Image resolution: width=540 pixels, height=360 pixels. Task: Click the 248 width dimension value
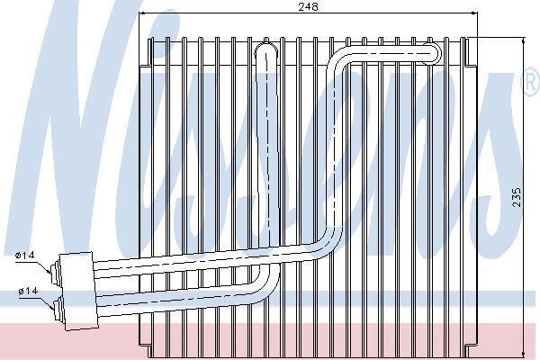click(308, 6)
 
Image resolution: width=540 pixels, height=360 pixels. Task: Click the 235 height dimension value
click(517, 197)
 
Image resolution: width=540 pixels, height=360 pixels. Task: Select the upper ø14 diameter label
click(25, 256)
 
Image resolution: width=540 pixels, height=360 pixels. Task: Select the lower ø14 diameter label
click(28, 292)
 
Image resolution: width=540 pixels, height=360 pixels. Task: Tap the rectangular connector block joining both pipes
click(78, 291)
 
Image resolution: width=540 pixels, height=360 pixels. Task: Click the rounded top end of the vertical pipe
click(266, 48)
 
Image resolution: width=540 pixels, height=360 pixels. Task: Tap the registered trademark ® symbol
click(533, 82)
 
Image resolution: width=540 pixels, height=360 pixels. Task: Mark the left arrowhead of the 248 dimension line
click(141, 13)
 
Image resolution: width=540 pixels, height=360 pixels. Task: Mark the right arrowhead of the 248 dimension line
click(474, 13)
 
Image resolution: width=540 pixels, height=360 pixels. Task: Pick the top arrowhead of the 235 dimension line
click(524, 40)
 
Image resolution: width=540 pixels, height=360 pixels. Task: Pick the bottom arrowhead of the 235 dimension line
click(524, 354)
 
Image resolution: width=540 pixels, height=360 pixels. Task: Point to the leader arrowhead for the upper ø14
click(49, 270)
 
